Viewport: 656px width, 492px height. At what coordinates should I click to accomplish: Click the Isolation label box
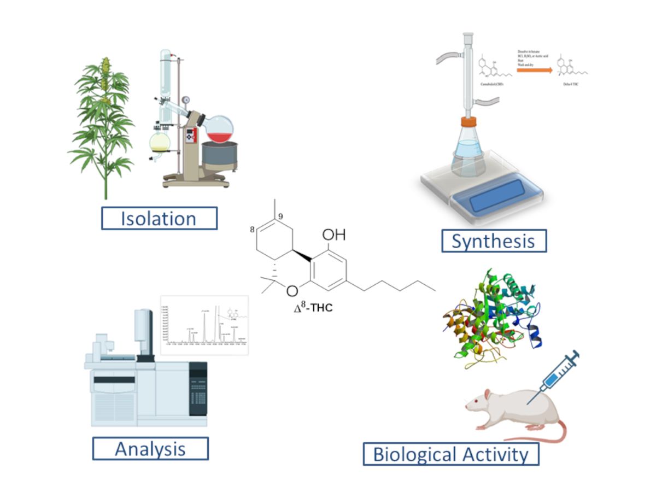[x=159, y=218]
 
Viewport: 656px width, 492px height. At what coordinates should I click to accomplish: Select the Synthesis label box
[x=494, y=241]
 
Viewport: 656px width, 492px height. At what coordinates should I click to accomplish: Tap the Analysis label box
[x=150, y=448]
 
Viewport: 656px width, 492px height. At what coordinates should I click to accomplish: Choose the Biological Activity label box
[x=451, y=454]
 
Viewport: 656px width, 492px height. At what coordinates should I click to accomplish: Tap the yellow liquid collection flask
[x=160, y=143]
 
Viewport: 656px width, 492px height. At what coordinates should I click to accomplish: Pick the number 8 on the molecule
[x=253, y=230]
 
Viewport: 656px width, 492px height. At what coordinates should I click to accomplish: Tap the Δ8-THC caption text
[x=313, y=308]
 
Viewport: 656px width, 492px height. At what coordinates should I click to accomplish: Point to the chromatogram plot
[x=204, y=325]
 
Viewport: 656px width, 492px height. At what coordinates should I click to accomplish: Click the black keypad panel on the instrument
[x=198, y=388]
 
